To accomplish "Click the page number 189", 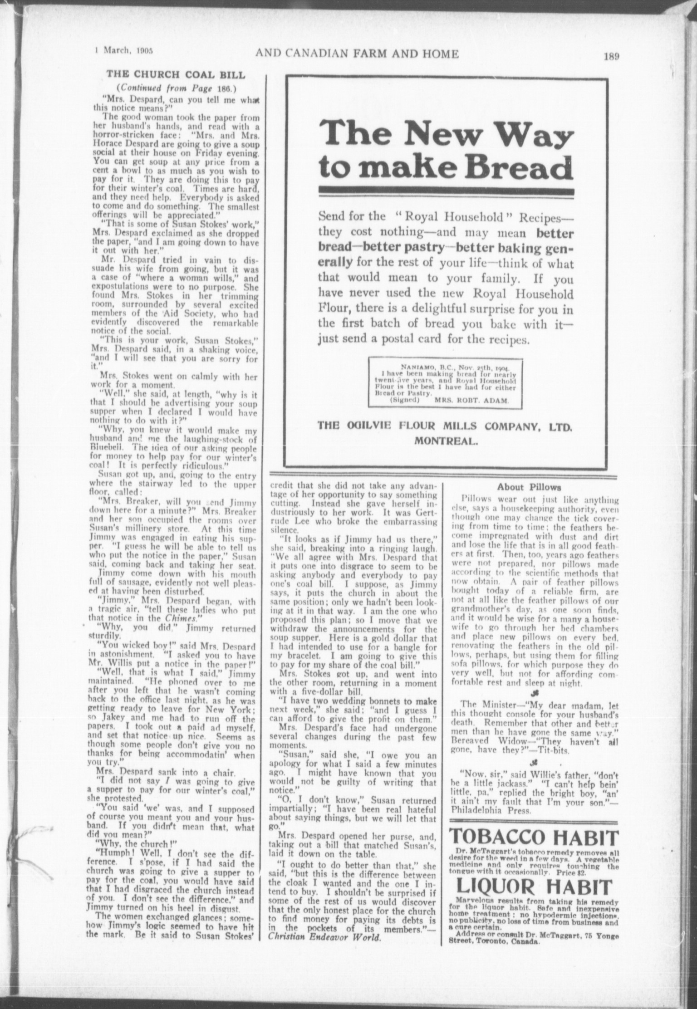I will pyautogui.click(x=611, y=57).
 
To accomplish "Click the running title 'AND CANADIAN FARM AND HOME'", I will pyautogui.click(x=357, y=54).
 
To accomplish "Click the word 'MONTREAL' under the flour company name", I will pyautogui.click(x=446, y=441).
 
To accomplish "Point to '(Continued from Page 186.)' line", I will pyautogui.click(x=176, y=88).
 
